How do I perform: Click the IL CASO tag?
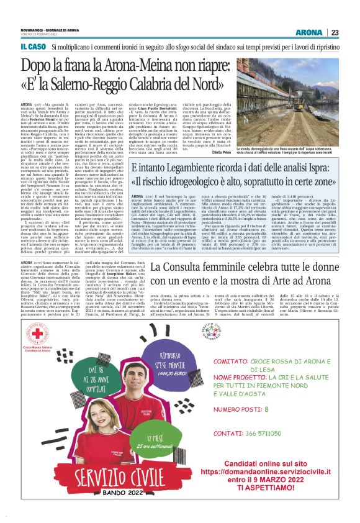point(32,47)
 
